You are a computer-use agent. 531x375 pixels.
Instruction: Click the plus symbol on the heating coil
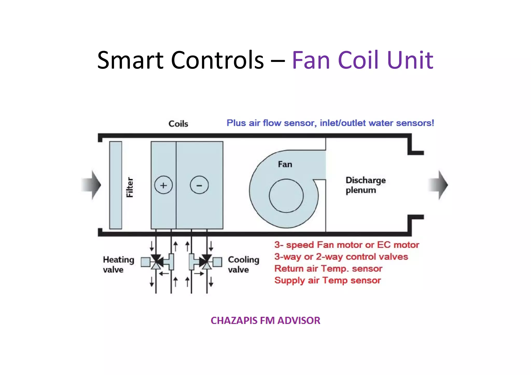(x=163, y=185)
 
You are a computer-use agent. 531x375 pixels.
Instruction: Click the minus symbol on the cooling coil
(x=199, y=185)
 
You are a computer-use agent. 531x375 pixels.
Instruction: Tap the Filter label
(x=130, y=187)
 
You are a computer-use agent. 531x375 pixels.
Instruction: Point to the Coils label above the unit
(x=178, y=124)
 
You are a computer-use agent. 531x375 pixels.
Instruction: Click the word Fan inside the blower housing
(x=285, y=164)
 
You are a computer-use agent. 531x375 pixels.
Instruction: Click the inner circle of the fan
(x=286, y=196)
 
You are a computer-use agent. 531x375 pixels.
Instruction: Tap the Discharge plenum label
(x=365, y=185)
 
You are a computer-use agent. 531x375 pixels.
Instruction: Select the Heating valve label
(x=118, y=264)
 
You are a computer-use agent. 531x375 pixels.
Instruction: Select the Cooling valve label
(x=243, y=264)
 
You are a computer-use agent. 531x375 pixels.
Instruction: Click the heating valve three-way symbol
(x=156, y=262)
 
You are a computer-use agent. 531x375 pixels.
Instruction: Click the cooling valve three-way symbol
(x=206, y=262)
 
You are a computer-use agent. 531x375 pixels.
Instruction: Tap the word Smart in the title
(x=131, y=60)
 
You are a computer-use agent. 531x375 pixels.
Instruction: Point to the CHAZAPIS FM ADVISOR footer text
(x=265, y=321)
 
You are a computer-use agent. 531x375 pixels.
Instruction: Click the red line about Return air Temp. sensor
(x=328, y=269)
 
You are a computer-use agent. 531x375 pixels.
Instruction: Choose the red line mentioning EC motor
(x=347, y=245)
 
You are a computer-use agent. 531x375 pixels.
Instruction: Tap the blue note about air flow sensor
(x=330, y=123)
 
